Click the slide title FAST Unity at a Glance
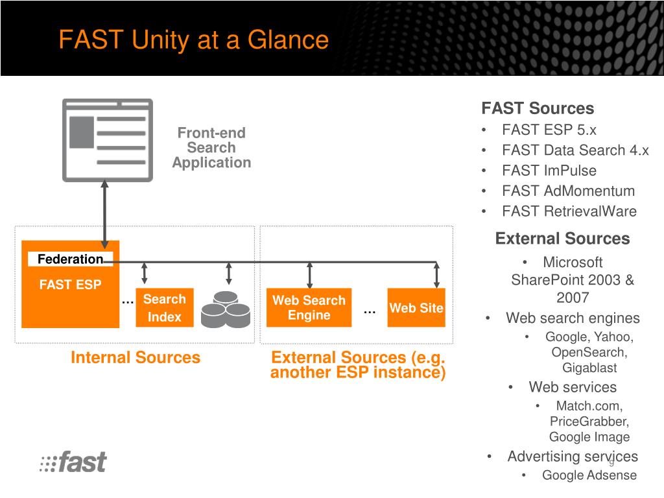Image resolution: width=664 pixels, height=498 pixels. (193, 40)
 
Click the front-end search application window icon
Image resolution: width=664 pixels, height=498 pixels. (107, 140)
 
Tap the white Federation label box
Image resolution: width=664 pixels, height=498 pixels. (71, 259)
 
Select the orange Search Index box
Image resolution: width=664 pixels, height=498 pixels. (164, 308)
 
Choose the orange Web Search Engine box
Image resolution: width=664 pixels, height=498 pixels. (309, 308)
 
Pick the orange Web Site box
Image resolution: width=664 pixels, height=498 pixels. (416, 308)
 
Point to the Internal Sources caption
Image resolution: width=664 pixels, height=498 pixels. (136, 357)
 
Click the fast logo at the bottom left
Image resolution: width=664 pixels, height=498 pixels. (73, 462)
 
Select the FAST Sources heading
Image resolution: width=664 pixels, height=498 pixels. (537, 108)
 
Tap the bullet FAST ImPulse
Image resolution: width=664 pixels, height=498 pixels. (549, 171)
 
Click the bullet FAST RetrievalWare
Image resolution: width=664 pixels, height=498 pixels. (569, 211)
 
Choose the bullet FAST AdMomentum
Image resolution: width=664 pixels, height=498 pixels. (568, 191)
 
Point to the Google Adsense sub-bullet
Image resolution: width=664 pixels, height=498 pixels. (589, 475)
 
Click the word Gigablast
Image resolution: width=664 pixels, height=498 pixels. (589, 368)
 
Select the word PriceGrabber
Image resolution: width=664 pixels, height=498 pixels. (589, 421)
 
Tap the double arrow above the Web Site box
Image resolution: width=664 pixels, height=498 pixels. (437, 274)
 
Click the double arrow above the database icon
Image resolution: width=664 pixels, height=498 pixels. (228, 274)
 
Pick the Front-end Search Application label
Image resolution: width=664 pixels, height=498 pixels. (211, 148)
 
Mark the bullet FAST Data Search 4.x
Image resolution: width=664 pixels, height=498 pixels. (575, 150)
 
